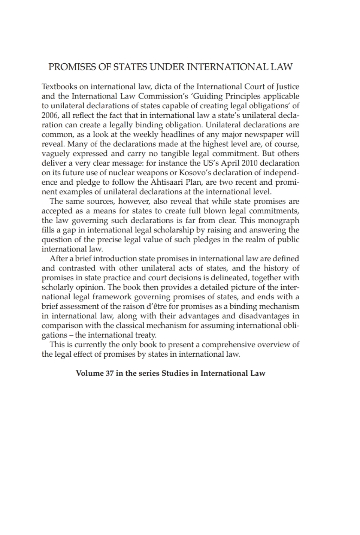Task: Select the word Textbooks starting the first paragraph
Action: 58,87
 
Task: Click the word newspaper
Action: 261,134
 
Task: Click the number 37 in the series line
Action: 109,373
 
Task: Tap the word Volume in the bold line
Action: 89,373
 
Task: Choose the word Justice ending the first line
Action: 287,87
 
